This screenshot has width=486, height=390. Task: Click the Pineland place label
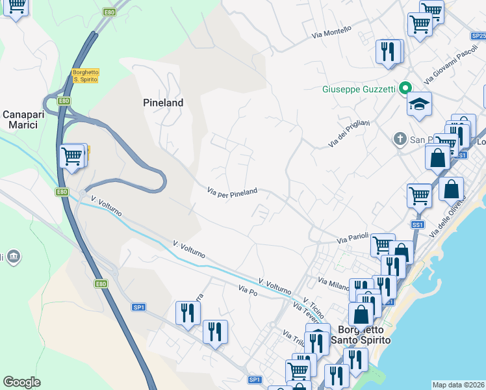click(x=163, y=103)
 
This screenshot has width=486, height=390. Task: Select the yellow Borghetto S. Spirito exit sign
click(x=85, y=75)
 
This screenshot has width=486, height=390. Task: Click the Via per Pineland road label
click(x=232, y=192)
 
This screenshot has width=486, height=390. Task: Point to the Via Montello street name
click(x=331, y=32)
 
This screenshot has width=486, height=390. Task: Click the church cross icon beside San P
click(x=400, y=139)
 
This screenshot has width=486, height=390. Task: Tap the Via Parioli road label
click(x=352, y=239)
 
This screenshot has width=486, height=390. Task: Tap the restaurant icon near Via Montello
click(x=389, y=51)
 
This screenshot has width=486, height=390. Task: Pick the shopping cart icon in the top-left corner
click(x=16, y=7)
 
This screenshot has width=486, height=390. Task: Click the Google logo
click(x=21, y=382)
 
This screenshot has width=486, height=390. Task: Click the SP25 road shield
click(x=478, y=36)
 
